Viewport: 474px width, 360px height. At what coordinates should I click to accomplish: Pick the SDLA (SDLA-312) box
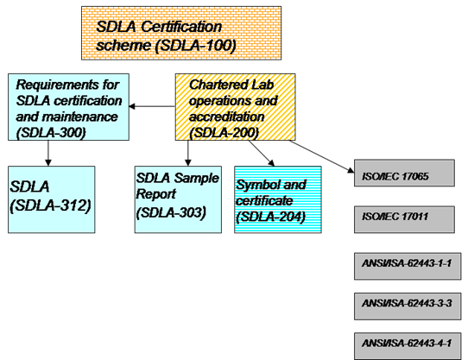pos(50,199)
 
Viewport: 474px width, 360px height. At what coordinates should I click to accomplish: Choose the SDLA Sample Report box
pos(178,199)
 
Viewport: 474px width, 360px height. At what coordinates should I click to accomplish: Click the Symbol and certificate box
pos(277,199)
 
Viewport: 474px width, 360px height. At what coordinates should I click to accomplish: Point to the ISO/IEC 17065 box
pos(403,177)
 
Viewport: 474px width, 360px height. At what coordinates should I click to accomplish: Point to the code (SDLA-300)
pos(49,133)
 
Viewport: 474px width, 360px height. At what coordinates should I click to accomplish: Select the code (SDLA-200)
pos(222,134)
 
